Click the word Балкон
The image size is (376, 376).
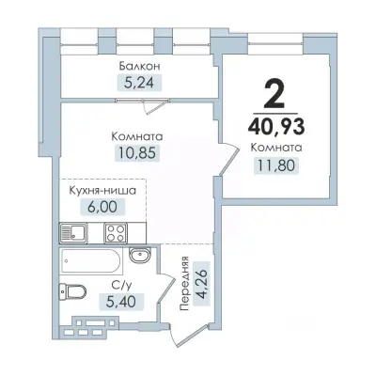tap(138, 68)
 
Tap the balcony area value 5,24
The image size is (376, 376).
tap(138, 83)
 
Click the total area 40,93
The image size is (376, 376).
tap(276, 127)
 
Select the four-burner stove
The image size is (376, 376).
tap(116, 232)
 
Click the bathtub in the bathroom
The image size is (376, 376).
tap(90, 260)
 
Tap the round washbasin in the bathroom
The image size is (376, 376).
tap(139, 255)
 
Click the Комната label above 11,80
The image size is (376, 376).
tap(276, 148)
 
